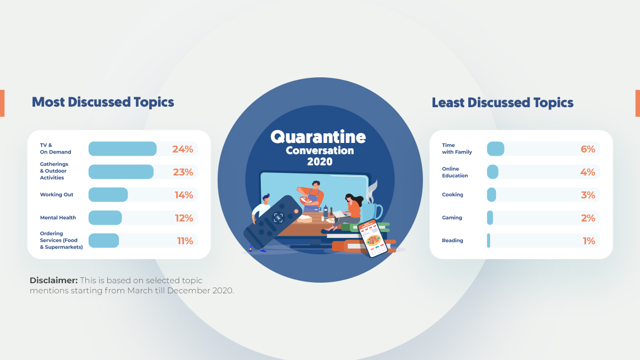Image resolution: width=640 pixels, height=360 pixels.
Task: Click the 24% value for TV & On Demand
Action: tap(182, 149)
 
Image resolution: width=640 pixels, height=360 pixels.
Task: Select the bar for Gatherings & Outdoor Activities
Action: tap(121, 172)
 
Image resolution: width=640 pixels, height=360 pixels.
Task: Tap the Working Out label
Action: tap(57, 195)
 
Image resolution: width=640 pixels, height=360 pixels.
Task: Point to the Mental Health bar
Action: tap(105, 218)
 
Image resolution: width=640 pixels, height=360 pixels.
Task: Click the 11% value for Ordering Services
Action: tap(185, 241)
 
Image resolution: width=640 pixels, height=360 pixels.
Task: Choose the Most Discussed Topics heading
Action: tap(103, 102)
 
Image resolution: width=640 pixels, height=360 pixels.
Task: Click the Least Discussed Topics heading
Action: tap(502, 102)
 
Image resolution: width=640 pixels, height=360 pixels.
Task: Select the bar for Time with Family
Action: tap(495, 149)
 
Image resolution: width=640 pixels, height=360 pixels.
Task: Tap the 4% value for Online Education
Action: tap(587, 172)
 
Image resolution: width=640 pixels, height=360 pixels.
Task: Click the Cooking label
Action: tap(452, 195)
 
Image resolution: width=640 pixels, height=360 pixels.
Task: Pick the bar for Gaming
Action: tap(490, 218)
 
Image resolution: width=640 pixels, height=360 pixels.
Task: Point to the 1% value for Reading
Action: tap(588, 241)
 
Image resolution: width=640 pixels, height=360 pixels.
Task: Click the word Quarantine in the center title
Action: tap(318, 137)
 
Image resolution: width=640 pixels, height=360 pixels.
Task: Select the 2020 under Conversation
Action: tap(319, 161)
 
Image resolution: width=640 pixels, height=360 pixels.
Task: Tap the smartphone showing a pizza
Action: tap(373, 238)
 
